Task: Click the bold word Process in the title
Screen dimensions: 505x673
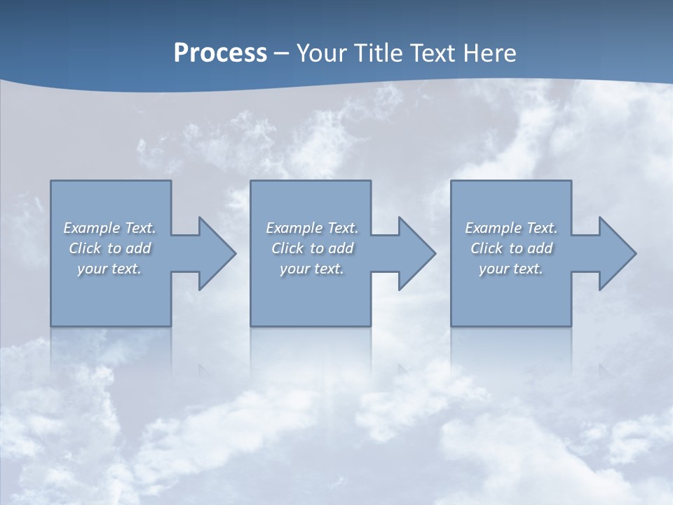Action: [x=220, y=53]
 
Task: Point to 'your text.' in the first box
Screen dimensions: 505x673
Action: [x=109, y=269]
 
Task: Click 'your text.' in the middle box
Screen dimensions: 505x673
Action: [x=312, y=269]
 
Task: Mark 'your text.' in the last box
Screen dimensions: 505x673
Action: [x=511, y=269]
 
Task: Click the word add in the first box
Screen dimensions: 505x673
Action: [x=139, y=248]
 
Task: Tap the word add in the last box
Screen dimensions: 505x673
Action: [x=541, y=248]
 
